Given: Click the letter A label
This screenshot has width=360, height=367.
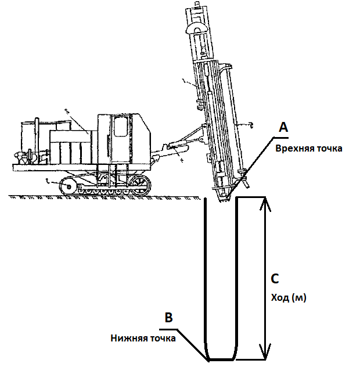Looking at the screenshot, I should pos(284,127).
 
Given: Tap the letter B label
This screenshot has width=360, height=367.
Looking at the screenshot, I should pos(168,318).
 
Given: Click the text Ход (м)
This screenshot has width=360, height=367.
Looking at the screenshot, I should pos(289,298).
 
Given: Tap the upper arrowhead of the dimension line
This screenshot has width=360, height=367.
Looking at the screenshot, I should pos(265,203).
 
